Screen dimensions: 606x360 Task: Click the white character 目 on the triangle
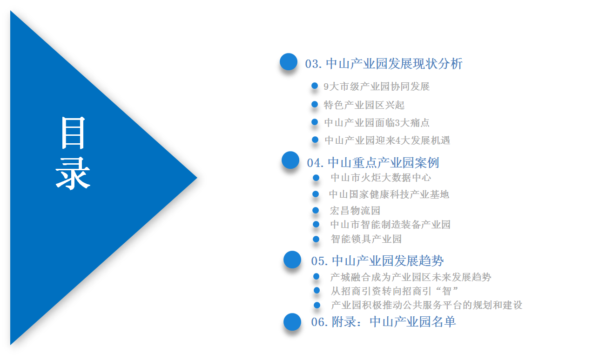coord(73,133)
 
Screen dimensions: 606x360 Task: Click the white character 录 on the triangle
coord(73,173)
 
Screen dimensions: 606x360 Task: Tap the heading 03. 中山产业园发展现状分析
coord(384,64)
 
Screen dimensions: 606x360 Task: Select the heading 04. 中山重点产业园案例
coord(373,163)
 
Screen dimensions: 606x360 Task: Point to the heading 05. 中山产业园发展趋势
coord(377,261)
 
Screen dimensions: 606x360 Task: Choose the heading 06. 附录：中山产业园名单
coord(384,322)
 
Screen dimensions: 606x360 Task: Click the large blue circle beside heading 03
coord(289,61)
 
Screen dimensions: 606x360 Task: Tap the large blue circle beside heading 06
coord(292,322)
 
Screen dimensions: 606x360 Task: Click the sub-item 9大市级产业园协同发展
coord(377,87)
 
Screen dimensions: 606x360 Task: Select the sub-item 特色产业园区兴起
coord(364,105)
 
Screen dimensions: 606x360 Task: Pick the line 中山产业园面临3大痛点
coord(377,123)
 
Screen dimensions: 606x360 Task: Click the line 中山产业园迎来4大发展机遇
coord(387,140)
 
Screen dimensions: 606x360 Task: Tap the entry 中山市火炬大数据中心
coord(381,178)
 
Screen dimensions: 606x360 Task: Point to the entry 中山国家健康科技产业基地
coord(389,194)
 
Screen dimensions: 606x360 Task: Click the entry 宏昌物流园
coord(355,211)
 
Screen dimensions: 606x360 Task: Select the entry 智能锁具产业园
coord(366,239)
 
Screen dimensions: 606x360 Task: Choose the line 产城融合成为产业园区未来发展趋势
coord(411,277)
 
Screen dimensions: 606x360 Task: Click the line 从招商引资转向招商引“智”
coord(394,291)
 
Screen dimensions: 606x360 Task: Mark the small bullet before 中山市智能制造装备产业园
coord(316,224)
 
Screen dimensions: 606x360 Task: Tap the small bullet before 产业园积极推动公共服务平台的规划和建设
coord(317,305)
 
